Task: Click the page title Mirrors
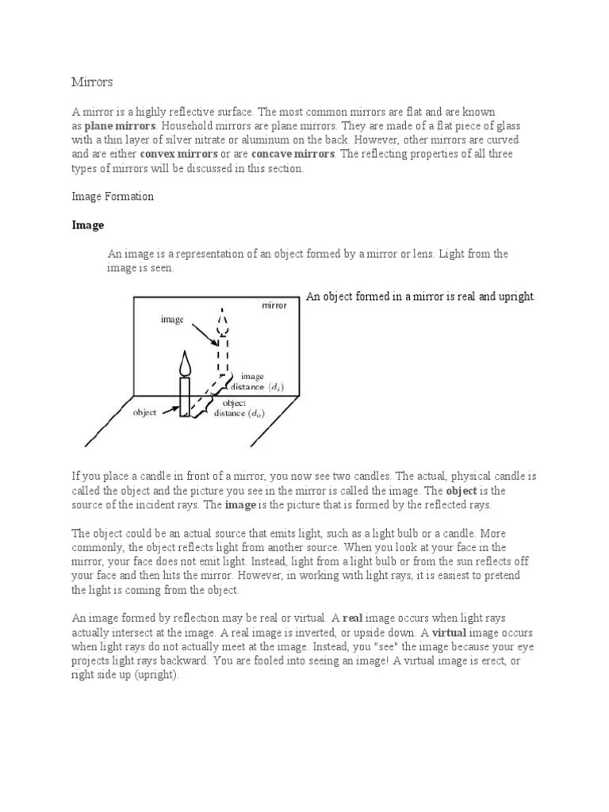tap(92, 82)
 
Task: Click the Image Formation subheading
tap(113, 197)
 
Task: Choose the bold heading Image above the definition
tap(88, 225)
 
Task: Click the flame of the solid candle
tap(186, 364)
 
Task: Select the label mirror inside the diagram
tap(274, 305)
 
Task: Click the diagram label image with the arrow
tap(172, 320)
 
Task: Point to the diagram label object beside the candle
tap(145, 412)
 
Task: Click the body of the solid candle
tap(186, 396)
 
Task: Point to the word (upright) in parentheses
tap(156, 675)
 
